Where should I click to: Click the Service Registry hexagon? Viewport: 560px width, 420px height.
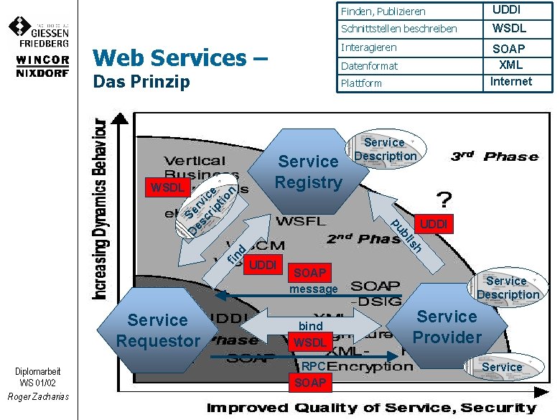tap(308, 172)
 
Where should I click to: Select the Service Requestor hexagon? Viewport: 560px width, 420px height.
tap(158, 330)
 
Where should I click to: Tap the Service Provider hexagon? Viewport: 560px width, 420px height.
tap(447, 327)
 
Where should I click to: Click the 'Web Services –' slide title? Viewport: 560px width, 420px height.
tap(180, 57)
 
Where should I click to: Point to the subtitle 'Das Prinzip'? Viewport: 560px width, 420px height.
tap(141, 81)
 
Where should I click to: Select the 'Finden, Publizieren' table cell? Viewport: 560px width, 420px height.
tap(383, 11)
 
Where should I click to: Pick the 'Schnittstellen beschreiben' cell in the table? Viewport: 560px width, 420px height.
tap(398, 29)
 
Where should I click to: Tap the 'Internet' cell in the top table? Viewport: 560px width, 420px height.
tap(511, 81)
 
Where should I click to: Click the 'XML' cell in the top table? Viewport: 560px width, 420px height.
tap(511, 65)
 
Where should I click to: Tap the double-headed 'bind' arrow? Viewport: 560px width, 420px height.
tap(310, 320)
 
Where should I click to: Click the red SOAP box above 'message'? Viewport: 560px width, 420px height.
tap(310, 273)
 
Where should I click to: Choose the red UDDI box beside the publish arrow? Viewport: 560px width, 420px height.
tap(434, 225)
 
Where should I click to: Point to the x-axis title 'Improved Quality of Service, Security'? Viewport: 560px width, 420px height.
tap(371, 408)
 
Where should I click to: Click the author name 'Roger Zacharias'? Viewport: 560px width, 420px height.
tap(38, 396)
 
